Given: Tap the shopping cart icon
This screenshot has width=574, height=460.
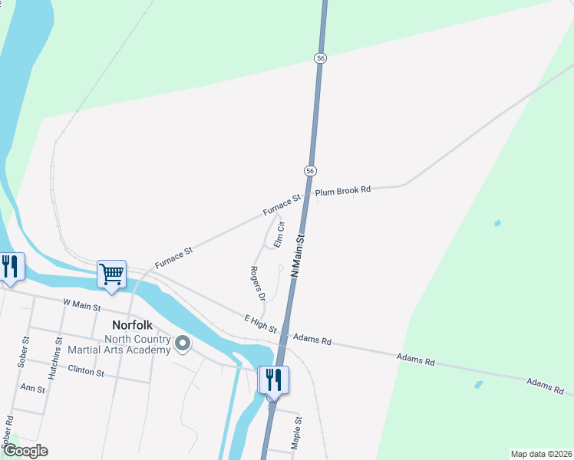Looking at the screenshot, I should pyautogui.click(x=112, y=273).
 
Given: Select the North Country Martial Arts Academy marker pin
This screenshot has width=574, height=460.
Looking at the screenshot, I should pyautogui.click(x=182, y=344).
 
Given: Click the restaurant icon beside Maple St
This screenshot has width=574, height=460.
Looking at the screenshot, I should pyautogui.click(x=273, y=379).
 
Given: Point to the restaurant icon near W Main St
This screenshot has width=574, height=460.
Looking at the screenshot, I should pyautogui.click(x=10, y=267).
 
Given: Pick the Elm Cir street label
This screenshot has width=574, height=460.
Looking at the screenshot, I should pyautogui.click(x=280, y=234).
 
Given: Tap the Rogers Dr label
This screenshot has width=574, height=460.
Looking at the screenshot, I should pyautogui.click(x=258, y=283).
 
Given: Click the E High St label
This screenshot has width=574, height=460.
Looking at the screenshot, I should pyautogui.click(x=260, y=324).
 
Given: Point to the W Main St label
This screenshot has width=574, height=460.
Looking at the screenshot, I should pyautogui.click(x=82, y=305).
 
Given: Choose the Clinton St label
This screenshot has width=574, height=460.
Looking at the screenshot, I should pyautogui.click(x=86, y=372).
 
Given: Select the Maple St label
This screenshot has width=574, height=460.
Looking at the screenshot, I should pyautogui.click(x=298, y=433).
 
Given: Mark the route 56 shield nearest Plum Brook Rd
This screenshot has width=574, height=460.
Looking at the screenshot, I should pyautogui.click(x=310, y=170).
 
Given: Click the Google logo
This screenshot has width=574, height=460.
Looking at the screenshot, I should pyautogui.click(x=25, y=451).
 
